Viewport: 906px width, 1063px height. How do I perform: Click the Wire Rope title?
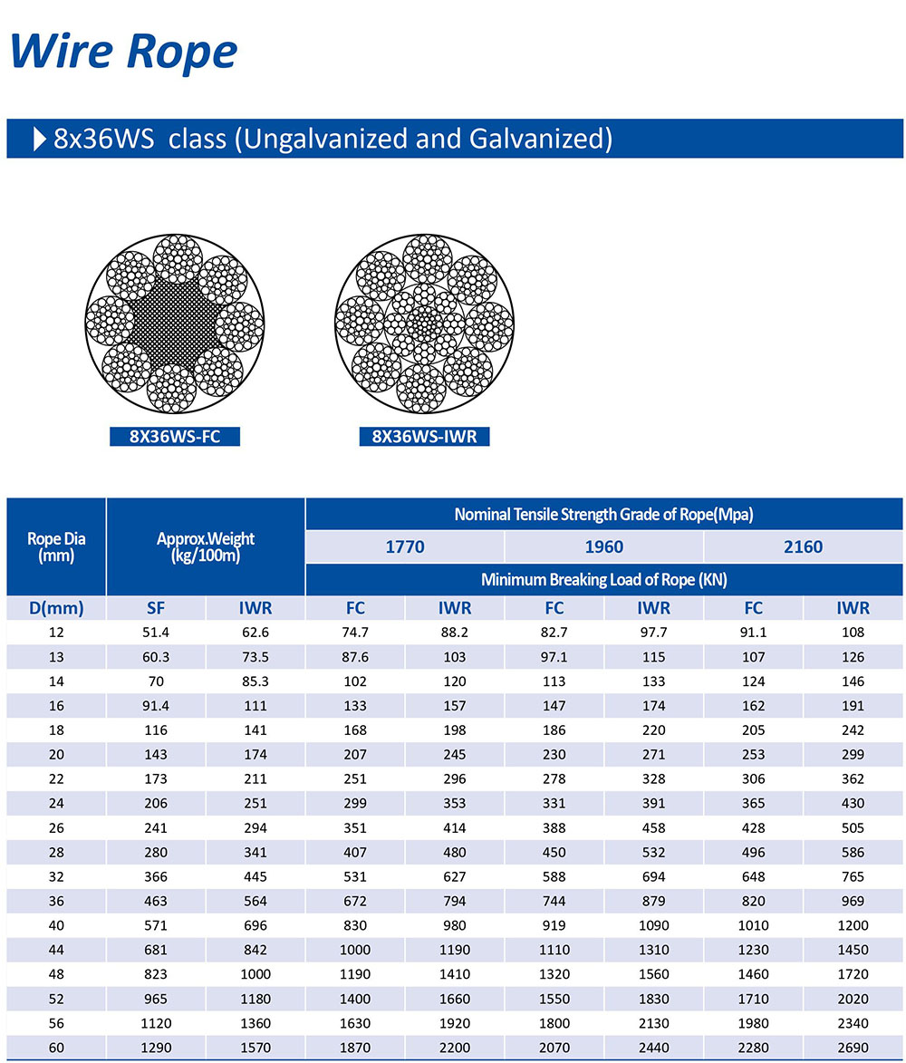[124, 52]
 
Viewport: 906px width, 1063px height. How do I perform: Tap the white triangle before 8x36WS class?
[40, 139]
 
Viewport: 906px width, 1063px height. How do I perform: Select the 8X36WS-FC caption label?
[175, 437]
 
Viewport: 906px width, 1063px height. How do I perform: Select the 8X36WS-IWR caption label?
[424, 437]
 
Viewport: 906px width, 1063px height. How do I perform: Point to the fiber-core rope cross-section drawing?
[175, 324]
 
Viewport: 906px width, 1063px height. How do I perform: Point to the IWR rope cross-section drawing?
[424, 324]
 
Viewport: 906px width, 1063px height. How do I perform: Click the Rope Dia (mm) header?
[56, 547]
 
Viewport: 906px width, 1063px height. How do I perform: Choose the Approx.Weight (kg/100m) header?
[206, 547]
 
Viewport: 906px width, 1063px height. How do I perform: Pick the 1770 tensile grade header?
[405, 547]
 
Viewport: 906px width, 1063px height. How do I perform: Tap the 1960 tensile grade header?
[603, 547]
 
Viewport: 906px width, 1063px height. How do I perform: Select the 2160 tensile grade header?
[803, 547]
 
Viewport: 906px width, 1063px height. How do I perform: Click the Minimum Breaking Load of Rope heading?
[603, 580]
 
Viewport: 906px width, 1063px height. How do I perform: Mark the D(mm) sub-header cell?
[56, 608]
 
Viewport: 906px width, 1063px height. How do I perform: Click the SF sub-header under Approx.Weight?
[156, 608]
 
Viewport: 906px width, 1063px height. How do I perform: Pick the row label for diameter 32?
[56, 876]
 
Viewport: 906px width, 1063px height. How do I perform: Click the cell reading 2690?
[853, 1048]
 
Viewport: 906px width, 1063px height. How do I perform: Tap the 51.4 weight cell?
[156, 633]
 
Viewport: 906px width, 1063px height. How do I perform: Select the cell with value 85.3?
[255, 681]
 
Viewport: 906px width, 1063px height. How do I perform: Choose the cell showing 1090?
[653, 925]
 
